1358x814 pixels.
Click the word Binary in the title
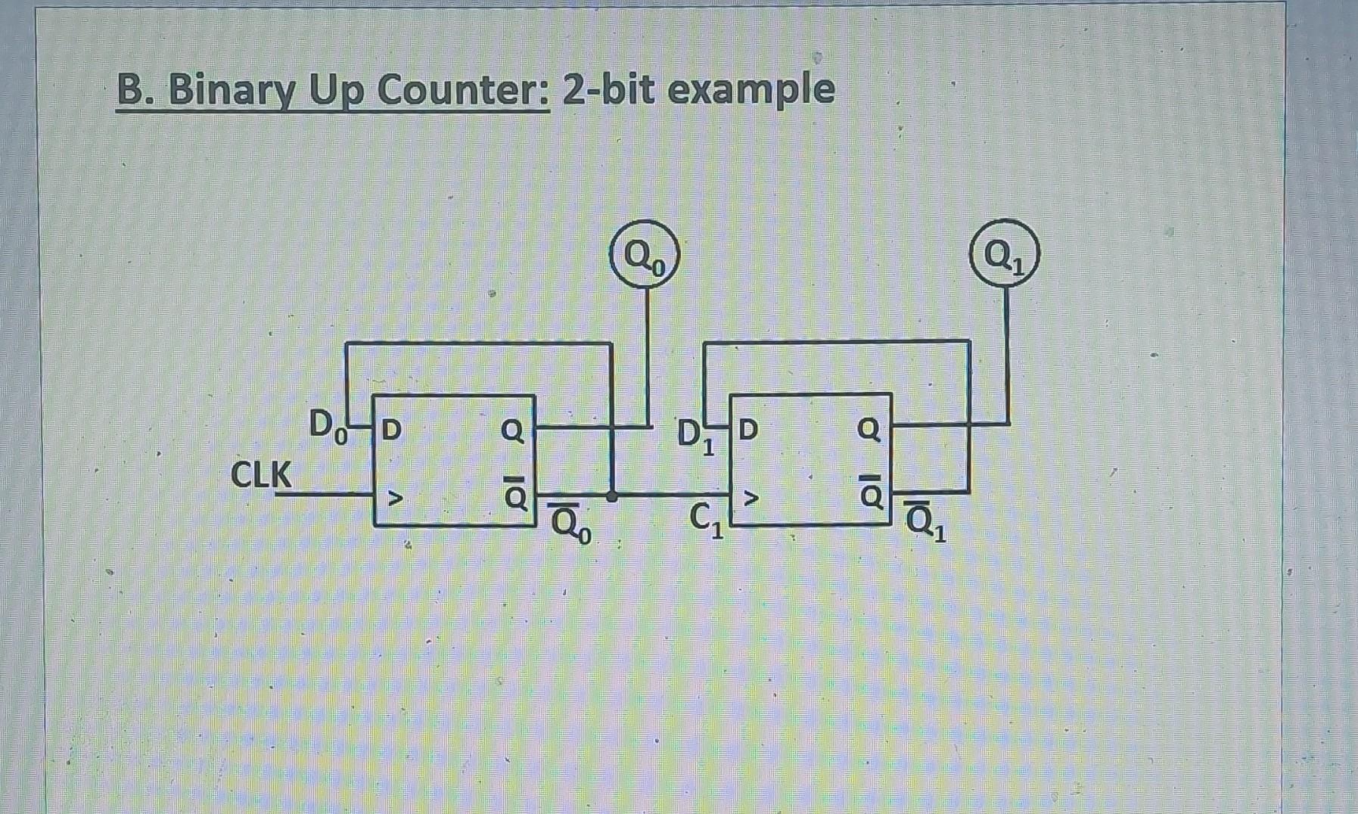230,91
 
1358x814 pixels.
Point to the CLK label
261,475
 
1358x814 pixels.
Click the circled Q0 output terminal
645,256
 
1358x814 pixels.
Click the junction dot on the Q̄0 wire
612,496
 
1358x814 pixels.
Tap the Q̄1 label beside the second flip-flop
924,521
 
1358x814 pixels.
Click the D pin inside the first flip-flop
391,430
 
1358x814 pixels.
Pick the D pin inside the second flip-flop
747,430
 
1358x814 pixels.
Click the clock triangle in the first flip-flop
394,498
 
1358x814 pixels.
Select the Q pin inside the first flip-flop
512,430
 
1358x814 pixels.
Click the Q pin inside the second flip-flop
869,430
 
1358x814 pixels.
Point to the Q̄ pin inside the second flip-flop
870,493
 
